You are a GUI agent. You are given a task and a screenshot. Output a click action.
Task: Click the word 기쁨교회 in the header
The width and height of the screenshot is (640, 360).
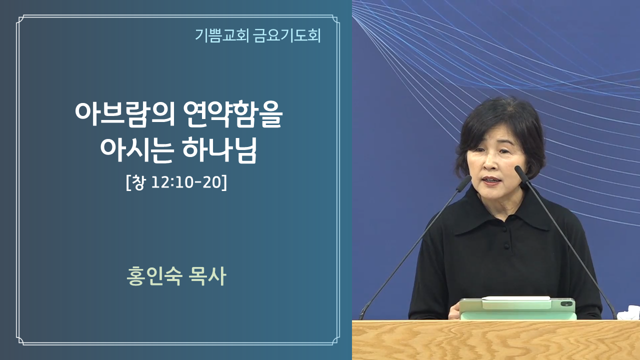221,35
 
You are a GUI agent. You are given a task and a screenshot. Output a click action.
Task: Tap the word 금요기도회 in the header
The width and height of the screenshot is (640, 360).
287,35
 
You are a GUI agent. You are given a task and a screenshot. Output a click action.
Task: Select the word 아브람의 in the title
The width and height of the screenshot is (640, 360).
125,114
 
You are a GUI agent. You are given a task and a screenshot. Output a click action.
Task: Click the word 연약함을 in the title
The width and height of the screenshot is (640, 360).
232,114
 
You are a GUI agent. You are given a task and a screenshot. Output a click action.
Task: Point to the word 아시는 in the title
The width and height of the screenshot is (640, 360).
137,150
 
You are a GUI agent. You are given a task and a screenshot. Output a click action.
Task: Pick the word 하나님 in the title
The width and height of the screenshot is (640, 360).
219,150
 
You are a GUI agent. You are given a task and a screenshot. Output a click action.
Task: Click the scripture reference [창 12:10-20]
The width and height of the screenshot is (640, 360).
176,182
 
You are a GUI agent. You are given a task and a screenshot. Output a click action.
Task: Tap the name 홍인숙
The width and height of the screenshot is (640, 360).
154,276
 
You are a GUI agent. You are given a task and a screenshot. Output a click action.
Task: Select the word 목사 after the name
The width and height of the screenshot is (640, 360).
207,276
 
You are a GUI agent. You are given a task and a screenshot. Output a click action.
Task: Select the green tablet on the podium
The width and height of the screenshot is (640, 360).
517,308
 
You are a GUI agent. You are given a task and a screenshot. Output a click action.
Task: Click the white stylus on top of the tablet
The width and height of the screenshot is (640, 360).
516,299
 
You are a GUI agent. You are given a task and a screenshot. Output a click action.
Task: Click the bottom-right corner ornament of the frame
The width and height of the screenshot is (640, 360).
335,340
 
